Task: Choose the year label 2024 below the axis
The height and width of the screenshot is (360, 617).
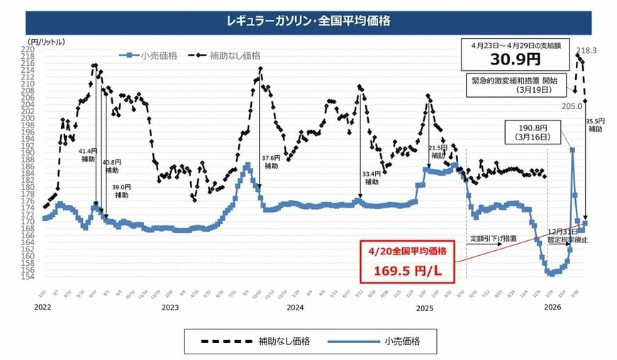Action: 295,308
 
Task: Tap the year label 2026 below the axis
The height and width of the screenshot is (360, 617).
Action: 552,308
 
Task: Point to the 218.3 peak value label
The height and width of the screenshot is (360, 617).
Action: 587,50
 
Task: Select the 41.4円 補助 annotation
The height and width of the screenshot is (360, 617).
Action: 89,155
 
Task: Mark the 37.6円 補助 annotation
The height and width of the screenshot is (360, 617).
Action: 271,162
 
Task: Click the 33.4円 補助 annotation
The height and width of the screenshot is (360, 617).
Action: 371,177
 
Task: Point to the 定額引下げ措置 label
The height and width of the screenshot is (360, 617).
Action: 493,239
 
